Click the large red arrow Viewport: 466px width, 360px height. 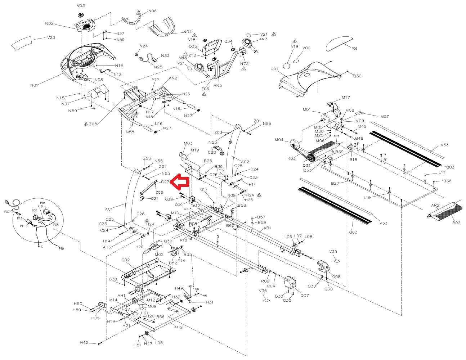click(179, 182)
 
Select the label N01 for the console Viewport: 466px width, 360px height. click(34, 85)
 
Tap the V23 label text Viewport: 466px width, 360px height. click(51, 37)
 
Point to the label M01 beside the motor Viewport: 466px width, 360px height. click(307, 109)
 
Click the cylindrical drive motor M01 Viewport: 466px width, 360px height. click(331, 117)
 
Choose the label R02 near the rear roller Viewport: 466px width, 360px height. click(456, 223)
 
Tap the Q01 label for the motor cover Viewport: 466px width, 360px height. click(274, 68)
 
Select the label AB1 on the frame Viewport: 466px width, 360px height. click(267, 228)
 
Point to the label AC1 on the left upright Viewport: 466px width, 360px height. click(109, 209)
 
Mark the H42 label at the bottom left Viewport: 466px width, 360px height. click(84, 342)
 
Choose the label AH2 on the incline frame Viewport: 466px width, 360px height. click(178, 327)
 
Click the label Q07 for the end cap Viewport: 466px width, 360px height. click(305, 296)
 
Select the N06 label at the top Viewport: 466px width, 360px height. click(152, 11)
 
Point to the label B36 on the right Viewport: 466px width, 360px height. click(447, 181)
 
